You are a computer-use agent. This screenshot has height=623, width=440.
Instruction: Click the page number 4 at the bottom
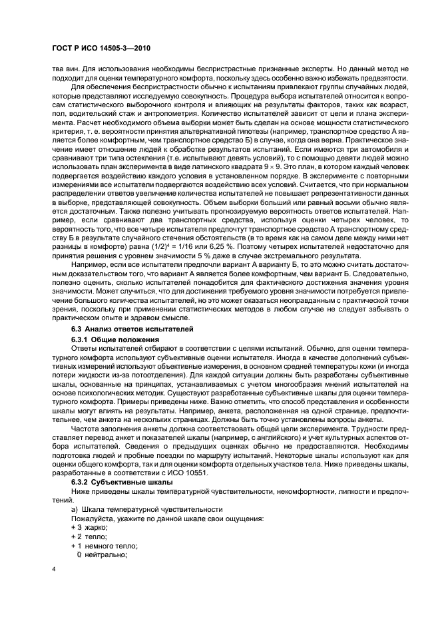pyautogui.click(x=54, y=570)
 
